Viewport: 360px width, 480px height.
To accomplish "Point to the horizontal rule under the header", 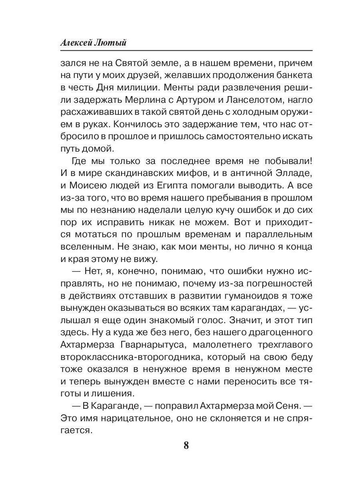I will coord(186,51).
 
